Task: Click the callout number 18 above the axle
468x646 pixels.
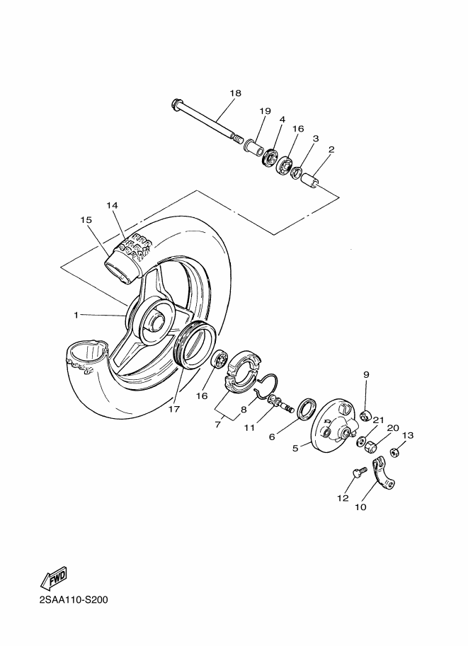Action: click(236, 93)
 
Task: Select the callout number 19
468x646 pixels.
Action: click(266, 111)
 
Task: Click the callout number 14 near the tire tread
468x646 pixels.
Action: click(112, 205)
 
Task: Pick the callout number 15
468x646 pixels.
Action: click(86, 220)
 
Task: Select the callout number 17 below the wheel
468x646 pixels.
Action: click(174, 409)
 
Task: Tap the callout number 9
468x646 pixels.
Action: click(367, 374)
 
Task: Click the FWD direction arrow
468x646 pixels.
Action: click(53, 579)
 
